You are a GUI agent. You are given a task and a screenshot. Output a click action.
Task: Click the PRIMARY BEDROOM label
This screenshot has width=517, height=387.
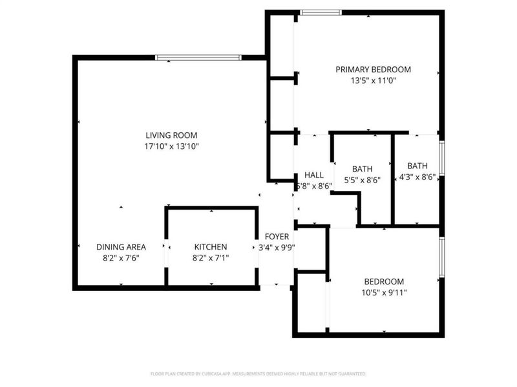pos(373,70)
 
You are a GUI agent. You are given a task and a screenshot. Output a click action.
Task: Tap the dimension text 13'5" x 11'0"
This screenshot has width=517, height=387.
pos(373,81)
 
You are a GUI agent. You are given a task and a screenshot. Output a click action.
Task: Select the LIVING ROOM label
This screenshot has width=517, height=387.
pos(171,135)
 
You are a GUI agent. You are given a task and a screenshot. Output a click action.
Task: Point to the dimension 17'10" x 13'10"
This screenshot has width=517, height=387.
pos(171,147)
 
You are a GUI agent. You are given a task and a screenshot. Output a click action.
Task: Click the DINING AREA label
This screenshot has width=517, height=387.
pos(121,247)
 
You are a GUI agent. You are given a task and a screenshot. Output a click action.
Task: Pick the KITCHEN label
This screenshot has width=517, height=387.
pos(211,247)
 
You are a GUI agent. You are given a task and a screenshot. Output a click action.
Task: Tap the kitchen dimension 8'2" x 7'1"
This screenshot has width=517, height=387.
pos(211,258)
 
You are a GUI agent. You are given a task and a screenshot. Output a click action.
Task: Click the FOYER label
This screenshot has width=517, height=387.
pos(277,237)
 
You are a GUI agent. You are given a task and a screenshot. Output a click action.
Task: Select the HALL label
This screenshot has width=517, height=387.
pos(313,175)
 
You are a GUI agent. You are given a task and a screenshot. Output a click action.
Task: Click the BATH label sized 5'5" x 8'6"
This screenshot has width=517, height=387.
pos(362,169)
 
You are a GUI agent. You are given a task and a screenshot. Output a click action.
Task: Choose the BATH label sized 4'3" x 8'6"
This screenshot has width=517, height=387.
pos(417,166)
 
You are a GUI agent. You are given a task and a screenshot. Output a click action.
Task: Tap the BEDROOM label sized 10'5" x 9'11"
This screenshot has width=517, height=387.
pos(384,281)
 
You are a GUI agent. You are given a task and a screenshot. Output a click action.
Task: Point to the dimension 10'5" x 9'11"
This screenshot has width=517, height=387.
pos(384,293)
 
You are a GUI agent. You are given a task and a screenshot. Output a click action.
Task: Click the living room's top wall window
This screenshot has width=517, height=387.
pos(198,57)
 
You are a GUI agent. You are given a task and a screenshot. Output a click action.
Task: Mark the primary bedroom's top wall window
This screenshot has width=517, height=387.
pos(321,12)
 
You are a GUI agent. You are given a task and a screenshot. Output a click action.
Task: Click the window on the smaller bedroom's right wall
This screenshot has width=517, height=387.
pos(442,258)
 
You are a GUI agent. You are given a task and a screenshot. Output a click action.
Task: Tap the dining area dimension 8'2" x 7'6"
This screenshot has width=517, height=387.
pos(121,258)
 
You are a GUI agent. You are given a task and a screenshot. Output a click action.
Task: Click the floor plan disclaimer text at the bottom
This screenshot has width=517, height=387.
pos(258,373)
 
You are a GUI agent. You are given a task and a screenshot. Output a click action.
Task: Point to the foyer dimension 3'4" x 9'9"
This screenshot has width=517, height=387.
pos(277,248)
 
